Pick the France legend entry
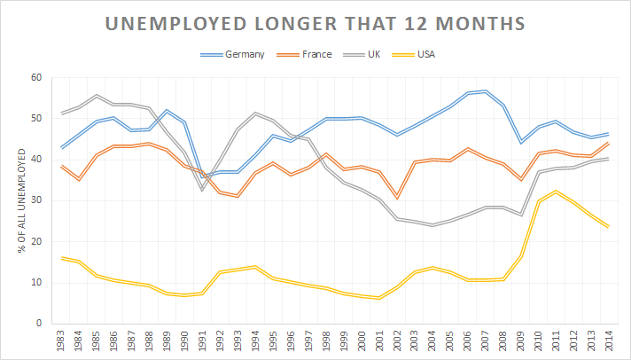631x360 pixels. tap(315, 55)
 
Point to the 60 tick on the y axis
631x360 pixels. tap(36, 78)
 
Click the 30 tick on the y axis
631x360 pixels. tap(36, 200)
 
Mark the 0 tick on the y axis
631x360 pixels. tap(39, 324)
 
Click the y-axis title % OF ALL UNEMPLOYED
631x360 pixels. tap(19, 200)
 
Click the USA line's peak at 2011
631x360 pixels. tap(557, 192)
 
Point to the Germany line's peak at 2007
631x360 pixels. tap(487, 90)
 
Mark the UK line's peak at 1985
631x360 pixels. tap(97, 96)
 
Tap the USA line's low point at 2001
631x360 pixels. tap(380, 297)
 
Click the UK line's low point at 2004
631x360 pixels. tap(433, 225)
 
